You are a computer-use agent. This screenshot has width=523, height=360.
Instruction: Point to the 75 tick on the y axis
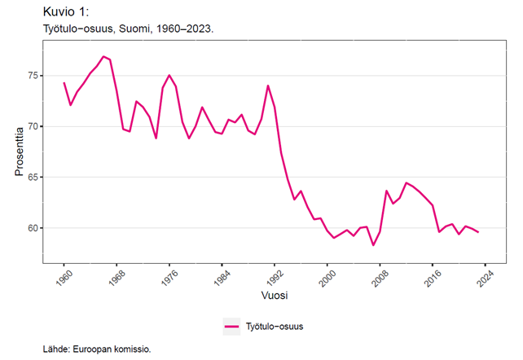tap(33, 76)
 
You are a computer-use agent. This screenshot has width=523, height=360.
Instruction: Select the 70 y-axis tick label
tap(33, 126)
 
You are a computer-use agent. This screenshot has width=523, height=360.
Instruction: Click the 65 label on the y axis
tap(33, 177)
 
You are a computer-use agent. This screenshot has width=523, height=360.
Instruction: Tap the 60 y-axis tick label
tap(33, 228)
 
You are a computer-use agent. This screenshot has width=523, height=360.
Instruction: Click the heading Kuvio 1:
tap(68, 11)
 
